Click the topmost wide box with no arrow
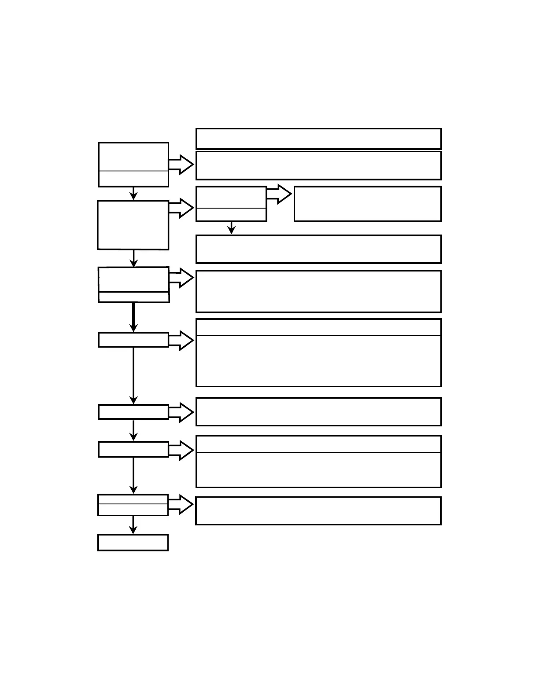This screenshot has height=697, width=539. (x=318, y=139)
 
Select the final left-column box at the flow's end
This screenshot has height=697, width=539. (x=133, y=543)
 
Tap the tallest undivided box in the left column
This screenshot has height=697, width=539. (x=133, y=225)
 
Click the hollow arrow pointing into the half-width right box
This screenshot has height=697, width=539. (x=279, y=194)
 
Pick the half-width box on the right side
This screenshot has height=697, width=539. (x=368, y=204)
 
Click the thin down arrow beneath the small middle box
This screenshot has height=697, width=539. (x=232, y=227)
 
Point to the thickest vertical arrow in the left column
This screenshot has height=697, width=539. (x=133, y=317)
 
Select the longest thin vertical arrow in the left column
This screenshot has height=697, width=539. (x=133, y=375)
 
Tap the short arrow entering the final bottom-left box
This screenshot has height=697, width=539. (x=133, y=525)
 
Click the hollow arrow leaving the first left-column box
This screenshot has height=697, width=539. (x=181, y=165)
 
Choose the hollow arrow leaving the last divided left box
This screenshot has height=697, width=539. (x=181, y=504)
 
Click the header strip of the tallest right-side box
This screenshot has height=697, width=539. (x=318, y=327)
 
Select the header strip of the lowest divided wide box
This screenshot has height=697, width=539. (x=318, y=444)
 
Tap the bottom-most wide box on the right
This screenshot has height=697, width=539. (x=318, y=511)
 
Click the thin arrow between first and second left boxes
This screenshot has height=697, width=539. (x=133, y=193)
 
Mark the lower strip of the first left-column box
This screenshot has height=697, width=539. (x=133, y=179)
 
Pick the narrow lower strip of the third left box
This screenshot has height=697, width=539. (x=134, y=297)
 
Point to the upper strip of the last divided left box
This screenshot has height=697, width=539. (x=133, y=499)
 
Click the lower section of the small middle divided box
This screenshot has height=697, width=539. (x=231, y=214)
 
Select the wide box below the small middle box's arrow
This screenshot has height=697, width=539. (x=318, y=249)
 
